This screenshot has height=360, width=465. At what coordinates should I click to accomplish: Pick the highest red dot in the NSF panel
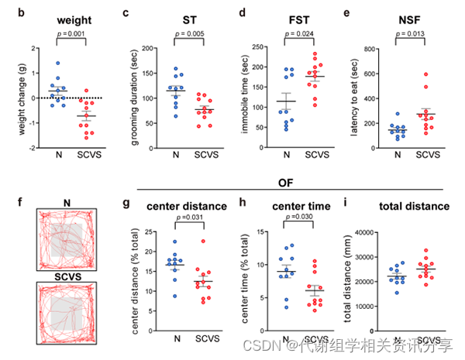tap(425, 74)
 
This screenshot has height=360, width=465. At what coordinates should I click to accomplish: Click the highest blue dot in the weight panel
tap(56, 63)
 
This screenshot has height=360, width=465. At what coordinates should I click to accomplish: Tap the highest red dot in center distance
tap(204, 242)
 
